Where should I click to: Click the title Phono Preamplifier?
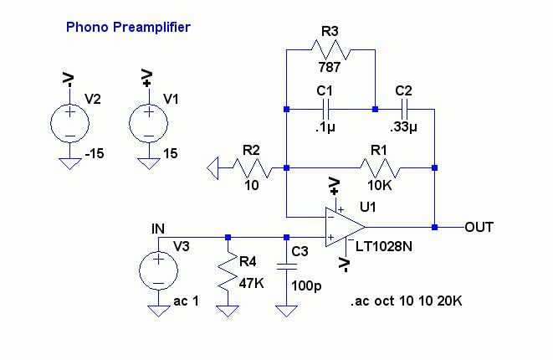[x=128, y=28]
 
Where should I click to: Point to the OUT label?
[x=479, y=227]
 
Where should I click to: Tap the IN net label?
[x=158, y=229]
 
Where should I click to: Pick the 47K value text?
[x=251, y=285]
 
